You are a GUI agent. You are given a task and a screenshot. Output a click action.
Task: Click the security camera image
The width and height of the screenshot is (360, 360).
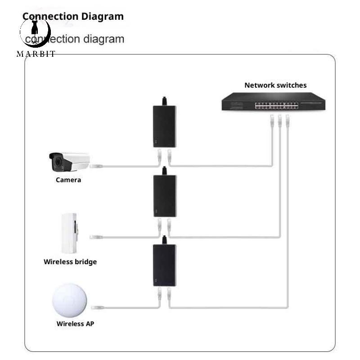click(x=69, y=162)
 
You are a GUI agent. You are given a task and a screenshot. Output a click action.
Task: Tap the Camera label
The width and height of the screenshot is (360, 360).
click(x=68, y=180)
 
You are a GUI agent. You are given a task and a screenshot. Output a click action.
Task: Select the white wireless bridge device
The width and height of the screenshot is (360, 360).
click(x=69, y=233)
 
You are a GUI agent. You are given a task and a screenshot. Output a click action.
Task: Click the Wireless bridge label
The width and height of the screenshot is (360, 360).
click(x=70, y=262)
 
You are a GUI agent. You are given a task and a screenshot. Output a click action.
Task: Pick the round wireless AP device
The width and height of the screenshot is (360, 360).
click(x=70, y=301)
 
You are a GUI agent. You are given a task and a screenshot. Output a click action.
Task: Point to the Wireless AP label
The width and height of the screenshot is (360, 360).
click(x=75, y=324)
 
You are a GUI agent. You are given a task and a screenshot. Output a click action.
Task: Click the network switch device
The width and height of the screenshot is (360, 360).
click(x=274, y=101)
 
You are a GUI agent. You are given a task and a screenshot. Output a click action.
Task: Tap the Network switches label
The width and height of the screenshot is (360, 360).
click(x=275, y=85)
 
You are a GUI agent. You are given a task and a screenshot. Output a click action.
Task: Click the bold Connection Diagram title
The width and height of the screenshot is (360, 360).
click(x=73, y=17)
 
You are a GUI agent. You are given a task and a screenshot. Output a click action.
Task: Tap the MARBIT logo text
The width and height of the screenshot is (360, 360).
click(x=36, y=54)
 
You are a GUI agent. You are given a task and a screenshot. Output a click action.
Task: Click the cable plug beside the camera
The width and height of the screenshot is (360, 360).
click(x=96, y=166)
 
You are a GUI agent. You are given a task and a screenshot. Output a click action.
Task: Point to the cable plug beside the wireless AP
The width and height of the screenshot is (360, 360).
click(x=98, y=307)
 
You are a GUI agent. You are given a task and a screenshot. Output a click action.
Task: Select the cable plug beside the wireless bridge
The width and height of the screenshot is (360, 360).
click(x=96, y=237)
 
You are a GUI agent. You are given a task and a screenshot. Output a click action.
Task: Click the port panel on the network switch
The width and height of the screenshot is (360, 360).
click(x=276, y=106)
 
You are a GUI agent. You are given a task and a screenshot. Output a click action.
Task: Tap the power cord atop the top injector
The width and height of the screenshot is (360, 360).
click(x=164, y=101)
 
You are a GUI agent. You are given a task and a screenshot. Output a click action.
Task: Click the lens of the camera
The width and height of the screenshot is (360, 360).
click(x=58, y=162)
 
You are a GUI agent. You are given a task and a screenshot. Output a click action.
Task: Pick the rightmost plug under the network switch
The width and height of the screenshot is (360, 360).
click(x=288, y=121)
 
